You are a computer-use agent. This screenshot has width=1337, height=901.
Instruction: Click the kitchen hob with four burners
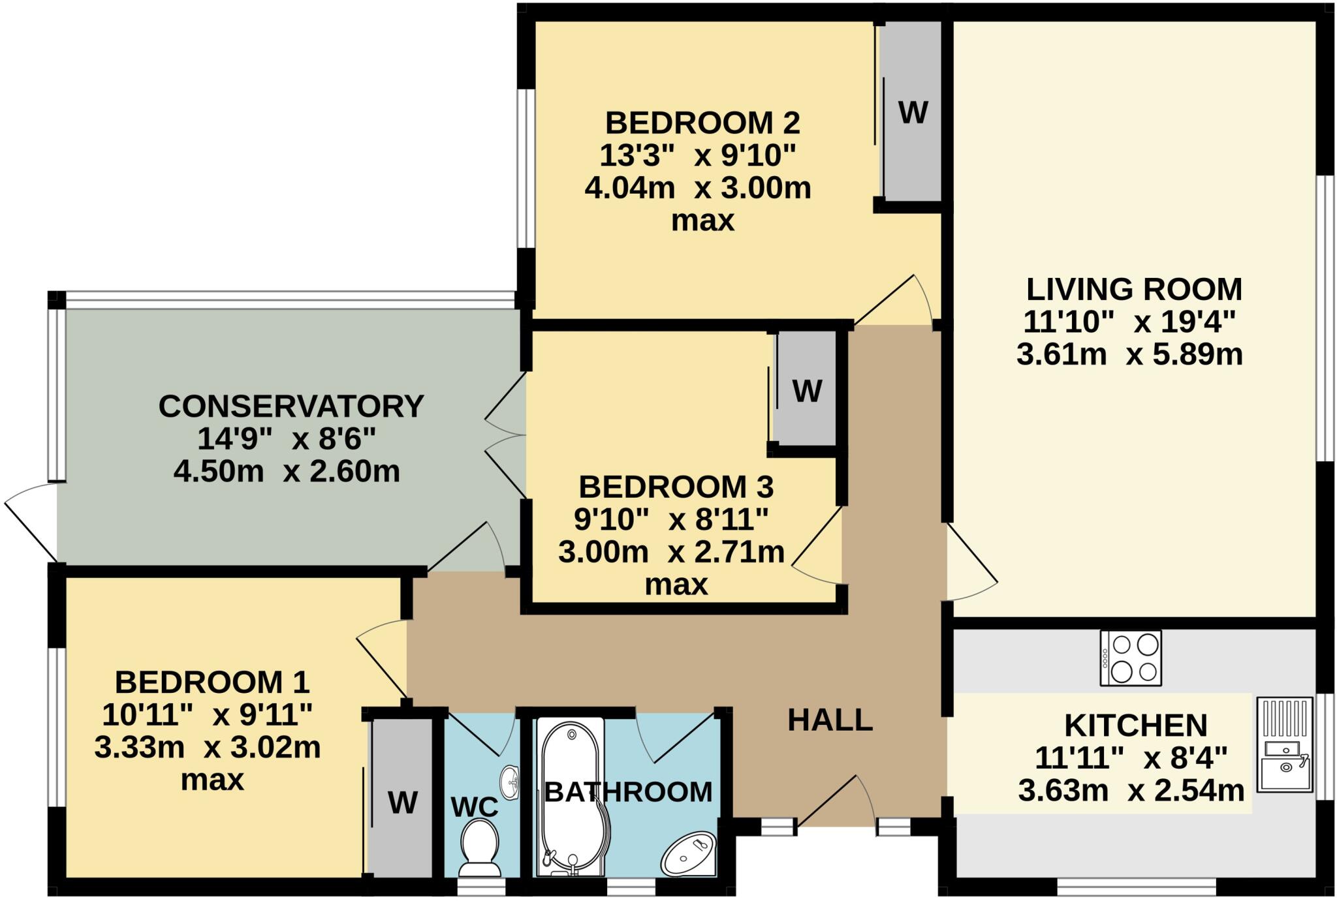(1130, 658)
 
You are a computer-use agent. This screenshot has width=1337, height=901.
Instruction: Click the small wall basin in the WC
(511, 782)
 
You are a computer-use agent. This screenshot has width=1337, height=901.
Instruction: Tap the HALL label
(830, 720)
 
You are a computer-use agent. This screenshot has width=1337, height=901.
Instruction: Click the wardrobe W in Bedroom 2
(913, 113)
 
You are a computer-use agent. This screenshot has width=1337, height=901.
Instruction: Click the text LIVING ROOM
(1133, 289)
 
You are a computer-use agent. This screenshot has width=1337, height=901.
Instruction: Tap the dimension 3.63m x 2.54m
(1131, 791)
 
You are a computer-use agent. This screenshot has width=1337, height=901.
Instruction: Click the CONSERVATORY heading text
(291, 406)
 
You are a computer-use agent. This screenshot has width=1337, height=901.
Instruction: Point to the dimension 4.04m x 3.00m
(697, 189)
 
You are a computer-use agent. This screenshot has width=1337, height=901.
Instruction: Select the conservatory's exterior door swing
(31, 522)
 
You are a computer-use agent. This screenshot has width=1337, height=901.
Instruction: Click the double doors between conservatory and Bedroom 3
(507, 436)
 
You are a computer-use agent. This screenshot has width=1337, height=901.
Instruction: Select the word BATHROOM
(628, 792)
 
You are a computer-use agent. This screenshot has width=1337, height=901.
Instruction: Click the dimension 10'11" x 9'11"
(207, 715)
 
